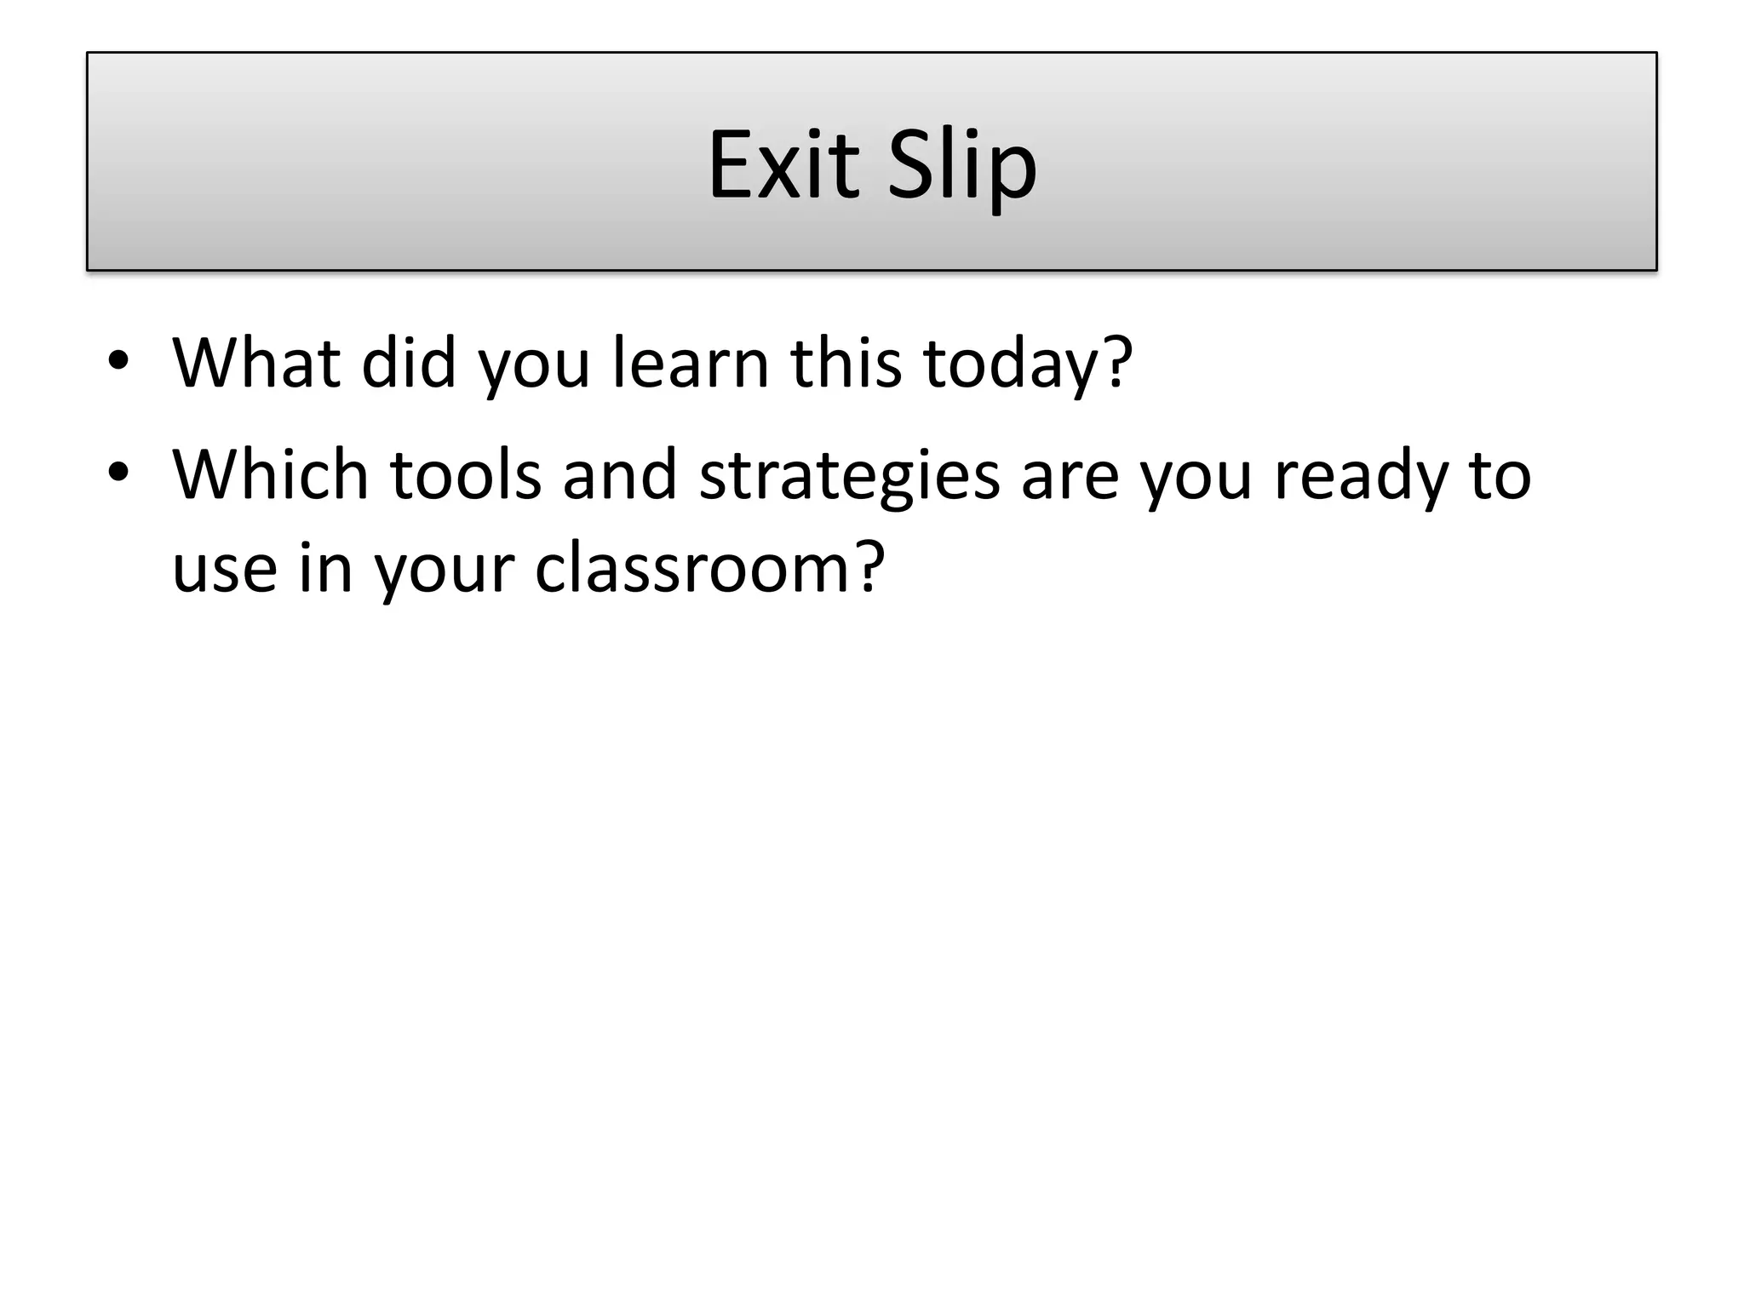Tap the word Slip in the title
[961, 166]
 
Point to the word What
[256, 363]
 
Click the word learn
[691, 363]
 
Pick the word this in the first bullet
[846, 363]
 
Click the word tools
[465, 473]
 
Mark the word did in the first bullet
[409, 363]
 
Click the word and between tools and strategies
[619, 473]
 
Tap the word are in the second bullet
[1070, 475]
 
